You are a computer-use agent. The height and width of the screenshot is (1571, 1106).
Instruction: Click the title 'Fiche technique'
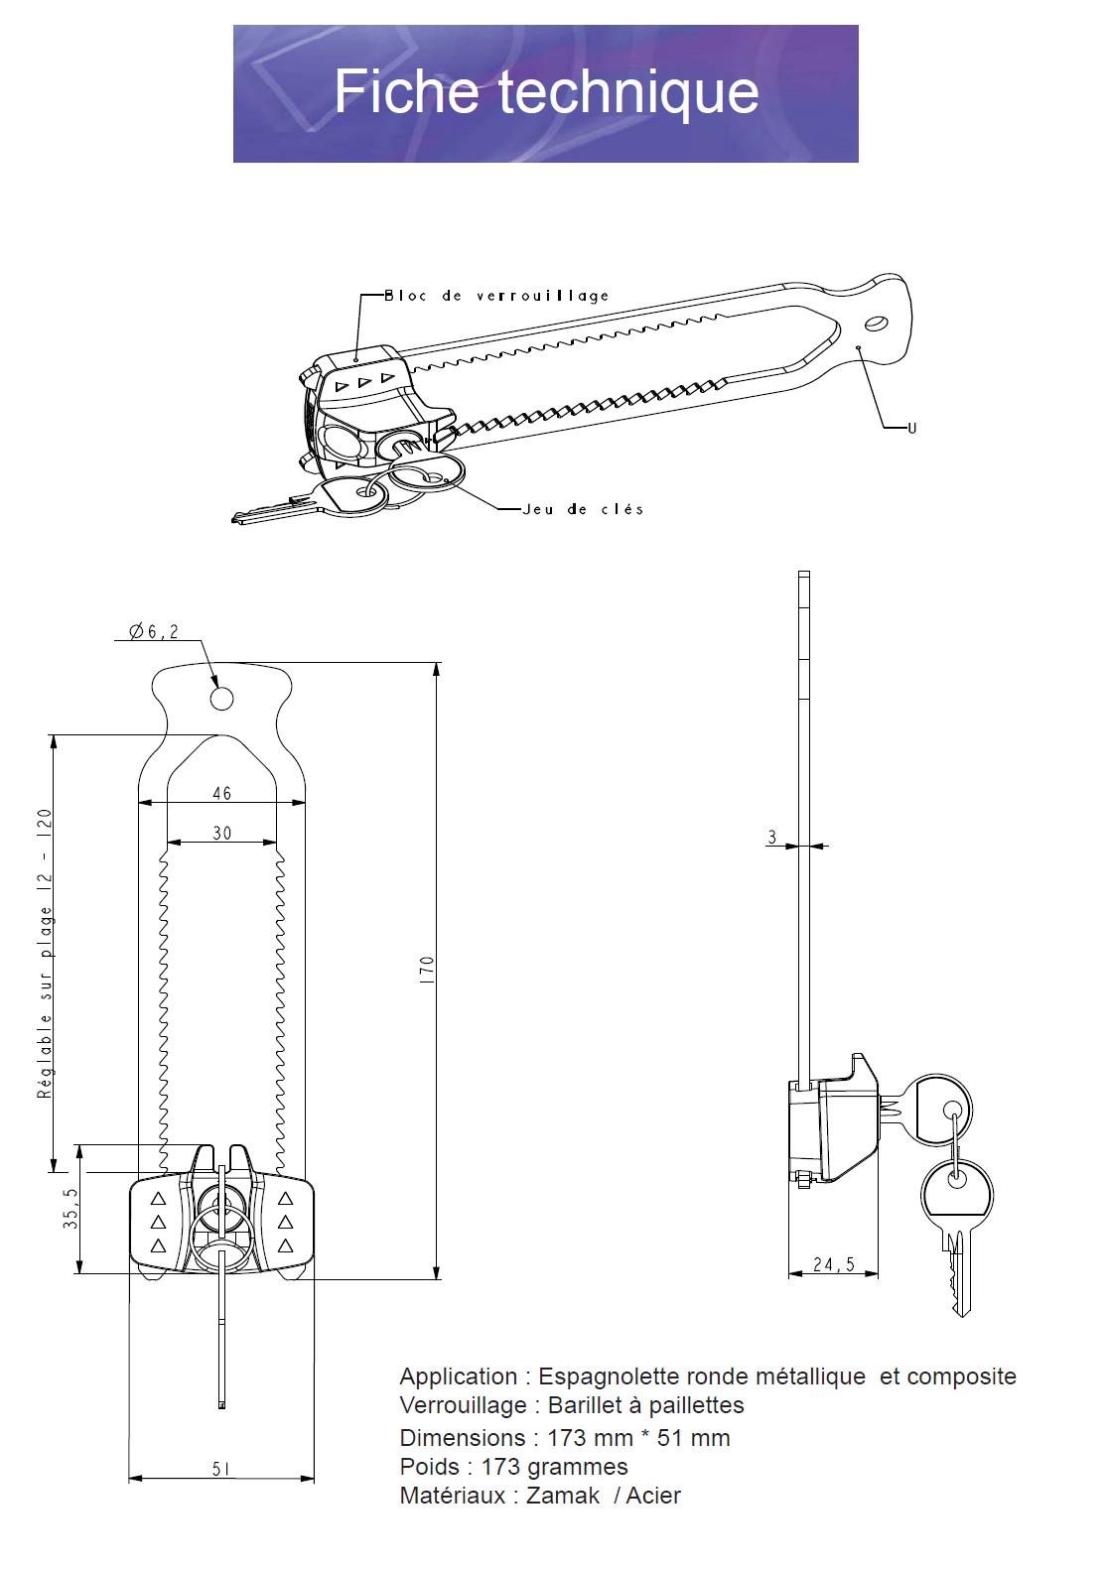[x=546, y=92]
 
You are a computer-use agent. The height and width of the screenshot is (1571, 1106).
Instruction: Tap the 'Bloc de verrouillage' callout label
[x=496, y=296]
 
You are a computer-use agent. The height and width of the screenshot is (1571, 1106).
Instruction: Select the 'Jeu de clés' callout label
[x=583, y=509]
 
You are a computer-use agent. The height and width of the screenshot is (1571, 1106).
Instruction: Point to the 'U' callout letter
[x=911, y=428]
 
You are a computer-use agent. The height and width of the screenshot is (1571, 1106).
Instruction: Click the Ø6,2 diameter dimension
[x=154, y=631]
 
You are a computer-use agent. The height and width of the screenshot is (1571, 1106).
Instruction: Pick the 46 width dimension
[x=221, y=793]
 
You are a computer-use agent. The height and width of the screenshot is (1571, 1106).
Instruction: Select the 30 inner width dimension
[x=221, y=833]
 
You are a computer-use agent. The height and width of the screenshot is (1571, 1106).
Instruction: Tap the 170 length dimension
[x=427, y=970]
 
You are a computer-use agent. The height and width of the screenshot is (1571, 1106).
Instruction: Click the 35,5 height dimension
[x=70, y=1208]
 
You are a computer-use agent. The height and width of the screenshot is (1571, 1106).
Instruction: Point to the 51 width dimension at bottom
[x=221, y=1469]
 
